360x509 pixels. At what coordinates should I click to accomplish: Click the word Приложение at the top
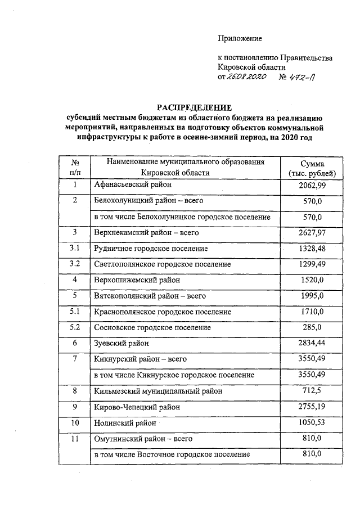tap(240, 38)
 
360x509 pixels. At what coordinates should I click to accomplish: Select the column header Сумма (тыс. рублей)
tap(311, 168)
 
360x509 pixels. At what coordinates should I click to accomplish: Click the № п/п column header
tap(74, 168)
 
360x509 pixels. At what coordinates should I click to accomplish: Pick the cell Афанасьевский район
tap(133, 184)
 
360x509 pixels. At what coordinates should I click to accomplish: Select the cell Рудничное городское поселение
tap(151, 248)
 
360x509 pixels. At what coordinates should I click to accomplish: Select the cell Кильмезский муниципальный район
tap(161, 390)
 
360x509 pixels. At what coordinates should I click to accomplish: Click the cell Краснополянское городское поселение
tap(163, 311)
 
